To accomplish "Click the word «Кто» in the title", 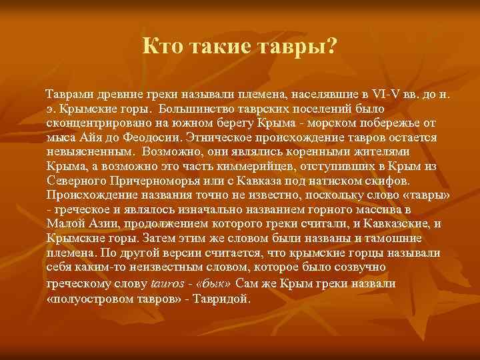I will coord(159,47).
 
